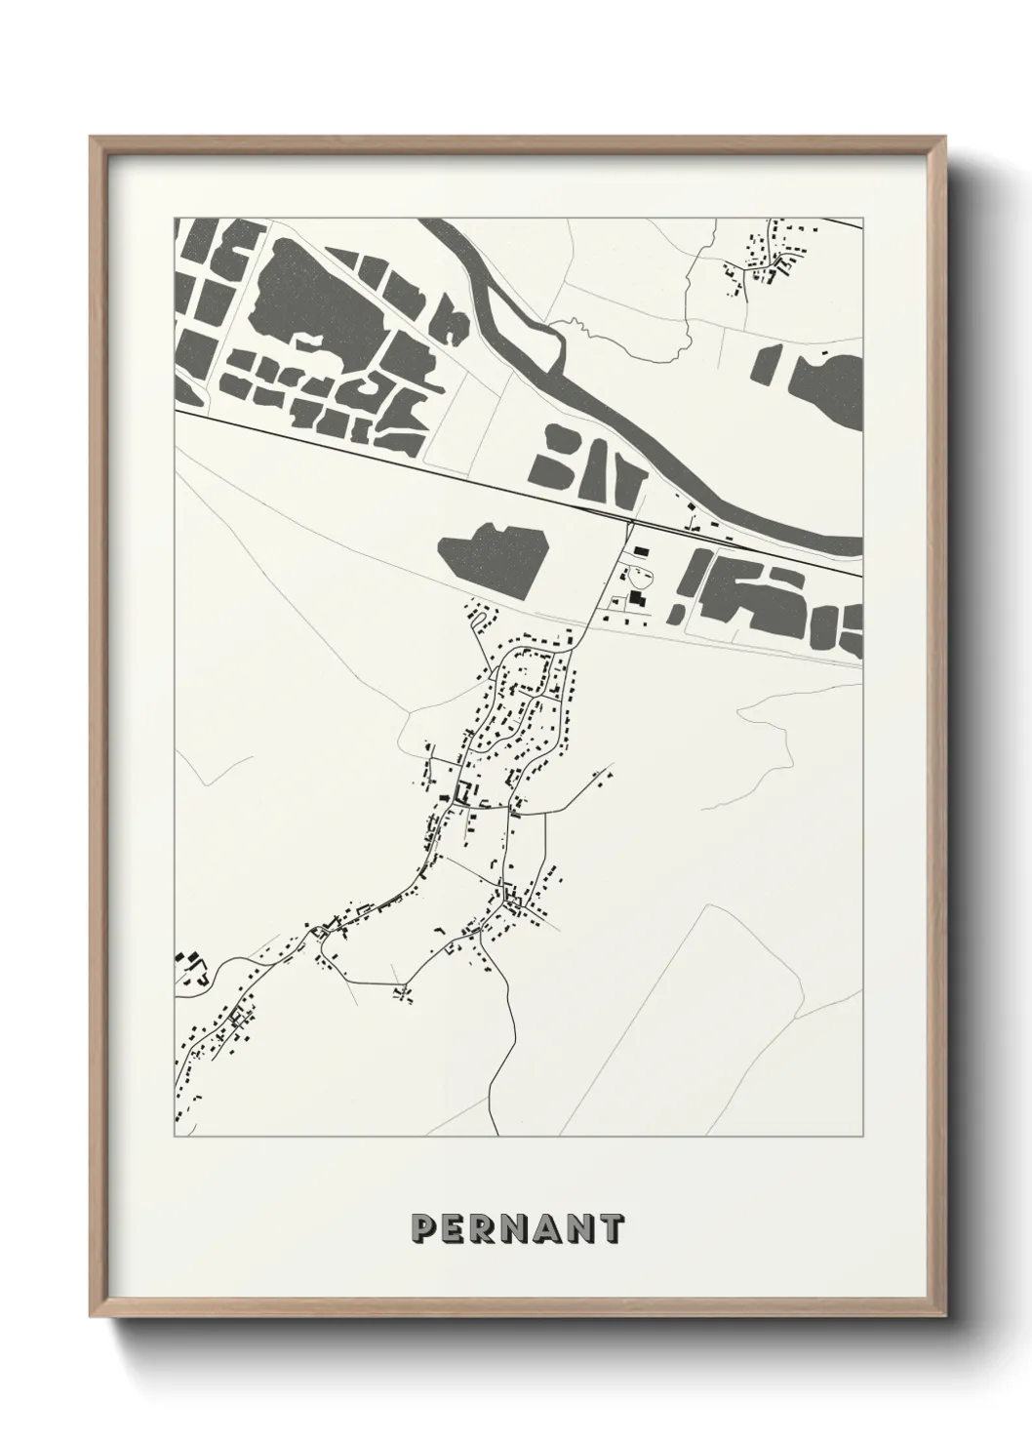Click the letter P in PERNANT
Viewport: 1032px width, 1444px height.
pos(425,1228)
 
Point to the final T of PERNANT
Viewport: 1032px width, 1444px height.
pos(611,1228)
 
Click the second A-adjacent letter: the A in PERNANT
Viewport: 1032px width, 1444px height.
pos(548,1228)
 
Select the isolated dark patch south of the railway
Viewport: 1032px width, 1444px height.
pos(493,556)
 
